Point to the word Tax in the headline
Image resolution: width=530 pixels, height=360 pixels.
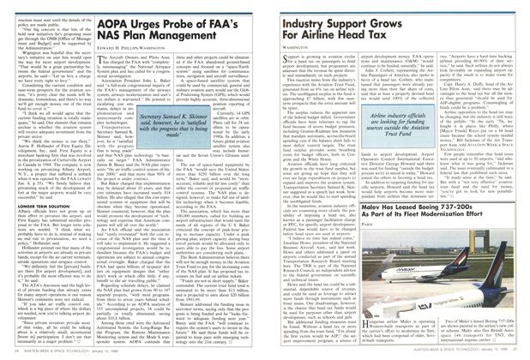coord(412,35)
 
